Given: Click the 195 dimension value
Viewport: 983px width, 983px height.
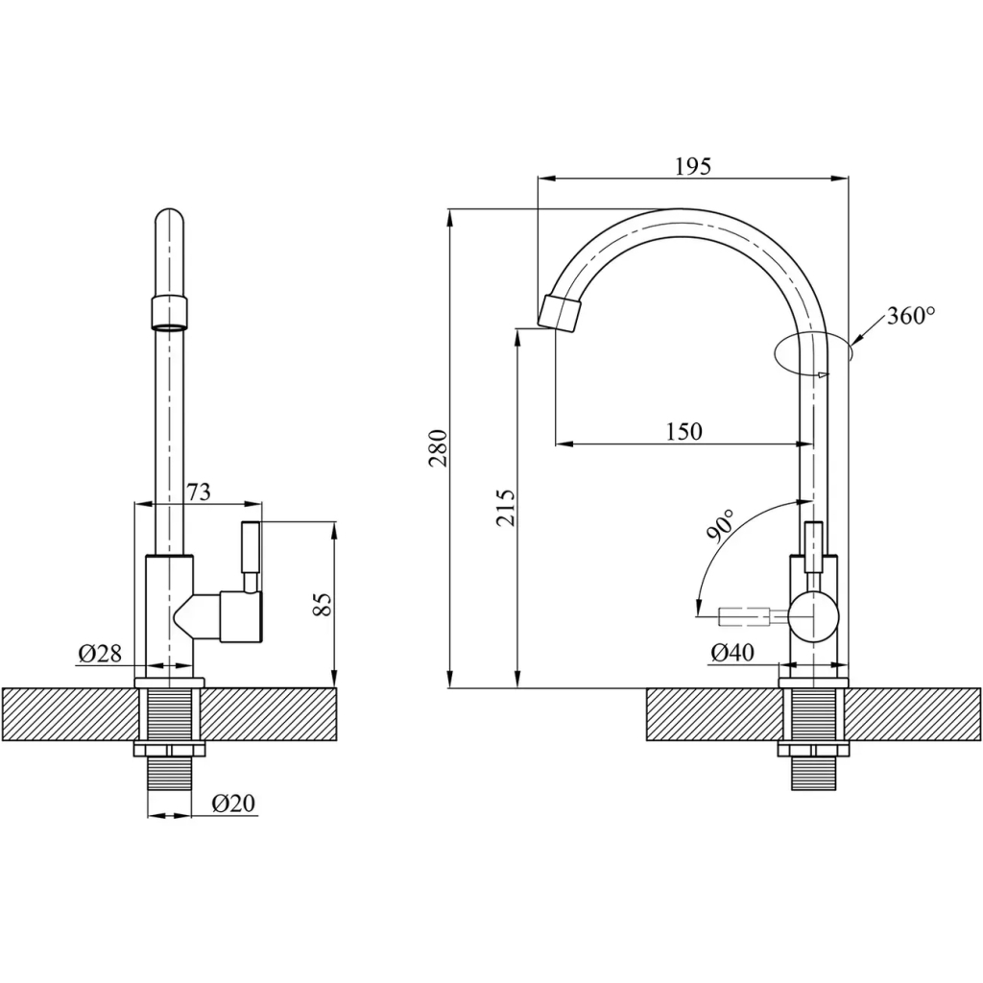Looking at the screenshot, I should pyautogui.click(x=692, y=165).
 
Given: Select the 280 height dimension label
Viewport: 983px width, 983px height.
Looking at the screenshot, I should pyautogui.click(x=437, y=447).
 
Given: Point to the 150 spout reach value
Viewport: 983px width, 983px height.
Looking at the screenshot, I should pyautogui.click(x=683, y=431).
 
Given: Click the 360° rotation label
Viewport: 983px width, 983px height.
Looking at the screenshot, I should pyautogui.click(x=910, y=315).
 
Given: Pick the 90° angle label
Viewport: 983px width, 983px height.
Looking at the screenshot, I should pyautogui.click(x=722, y=526).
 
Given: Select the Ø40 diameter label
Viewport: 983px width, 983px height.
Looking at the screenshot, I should pyautogui.click(x=731, y=653).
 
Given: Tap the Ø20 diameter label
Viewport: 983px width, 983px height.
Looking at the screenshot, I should pyautogui.click(x=233, y=803).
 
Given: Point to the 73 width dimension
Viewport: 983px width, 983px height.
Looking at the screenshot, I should pyautogui.click(x=198, y=491).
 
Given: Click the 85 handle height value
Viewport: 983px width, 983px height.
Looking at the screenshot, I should pyautogui.click(x=322, y=604).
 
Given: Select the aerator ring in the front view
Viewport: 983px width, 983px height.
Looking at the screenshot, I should pyautogui.click(x=169, y=313).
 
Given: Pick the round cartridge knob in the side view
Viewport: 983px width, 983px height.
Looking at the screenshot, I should pyautogui.click(x=812, y=616).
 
